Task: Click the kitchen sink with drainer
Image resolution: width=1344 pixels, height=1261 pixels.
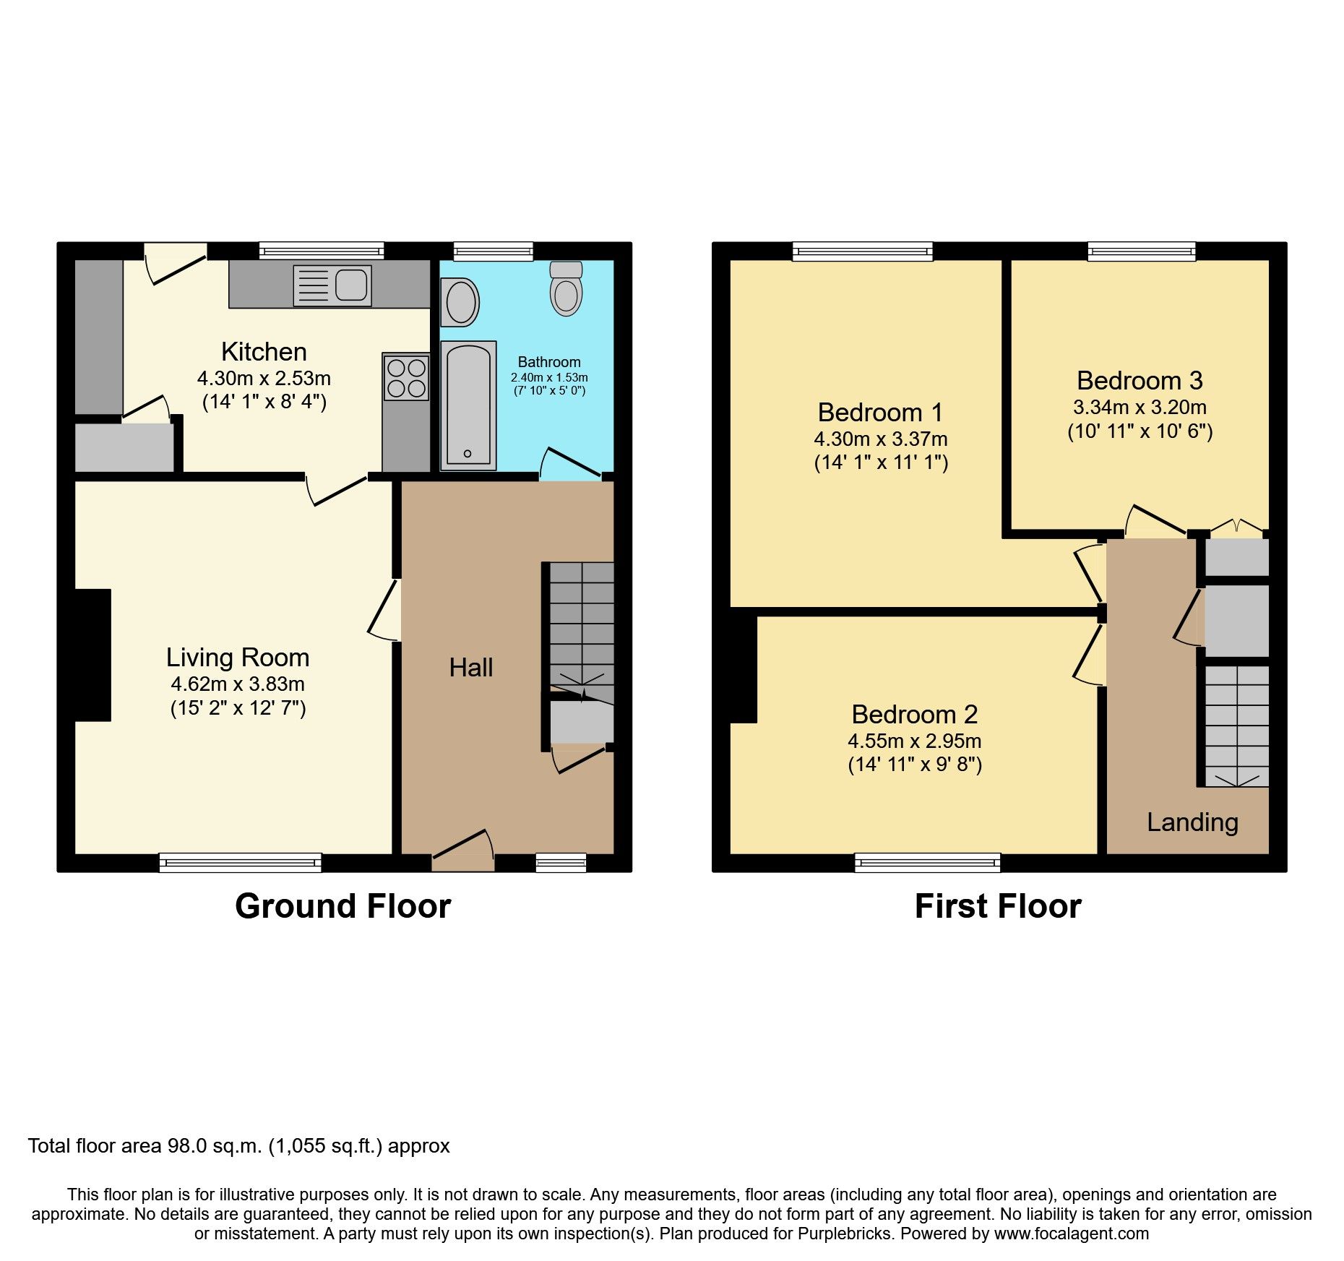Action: coord(332,285)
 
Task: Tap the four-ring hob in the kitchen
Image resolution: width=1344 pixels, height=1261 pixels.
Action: coord(406,377)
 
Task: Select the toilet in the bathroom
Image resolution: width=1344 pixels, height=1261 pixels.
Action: coord(566,289)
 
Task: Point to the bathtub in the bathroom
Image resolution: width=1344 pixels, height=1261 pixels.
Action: coord(468,405)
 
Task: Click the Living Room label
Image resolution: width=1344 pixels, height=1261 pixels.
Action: coord(238,658)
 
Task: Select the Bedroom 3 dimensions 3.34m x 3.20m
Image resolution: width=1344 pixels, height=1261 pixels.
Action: coord(1140,407)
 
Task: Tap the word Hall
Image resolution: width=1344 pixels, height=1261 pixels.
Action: coord(471,668)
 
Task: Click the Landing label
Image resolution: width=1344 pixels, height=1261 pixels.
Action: coord(1192,822)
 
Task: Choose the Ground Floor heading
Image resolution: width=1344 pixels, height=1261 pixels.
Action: coord(343,906)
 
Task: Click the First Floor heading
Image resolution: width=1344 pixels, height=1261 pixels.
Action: coord(997,906)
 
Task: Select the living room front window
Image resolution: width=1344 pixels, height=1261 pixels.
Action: coord(240,862)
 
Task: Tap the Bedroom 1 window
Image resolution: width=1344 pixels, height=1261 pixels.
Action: coord(862,251)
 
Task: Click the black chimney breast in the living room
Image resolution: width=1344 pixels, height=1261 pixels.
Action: coord(92,655)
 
